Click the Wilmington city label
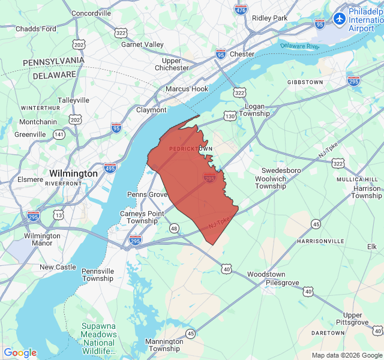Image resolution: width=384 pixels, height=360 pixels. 73,173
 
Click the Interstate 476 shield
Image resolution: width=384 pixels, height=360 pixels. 241,10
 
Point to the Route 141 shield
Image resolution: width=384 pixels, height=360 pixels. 59,134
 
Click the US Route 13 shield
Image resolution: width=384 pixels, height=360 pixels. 58,214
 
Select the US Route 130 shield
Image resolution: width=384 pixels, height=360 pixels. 230,116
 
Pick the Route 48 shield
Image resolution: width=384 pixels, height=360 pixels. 174,228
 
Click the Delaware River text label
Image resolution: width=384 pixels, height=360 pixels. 299,46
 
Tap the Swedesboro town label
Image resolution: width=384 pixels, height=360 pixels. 280,170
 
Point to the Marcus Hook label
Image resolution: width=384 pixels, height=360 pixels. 187,89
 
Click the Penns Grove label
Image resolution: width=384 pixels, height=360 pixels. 147,194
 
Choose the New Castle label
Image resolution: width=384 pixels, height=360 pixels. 58,267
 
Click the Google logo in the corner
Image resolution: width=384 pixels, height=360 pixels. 20,353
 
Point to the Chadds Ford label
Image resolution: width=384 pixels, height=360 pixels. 36,28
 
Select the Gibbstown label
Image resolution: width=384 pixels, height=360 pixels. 305,82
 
